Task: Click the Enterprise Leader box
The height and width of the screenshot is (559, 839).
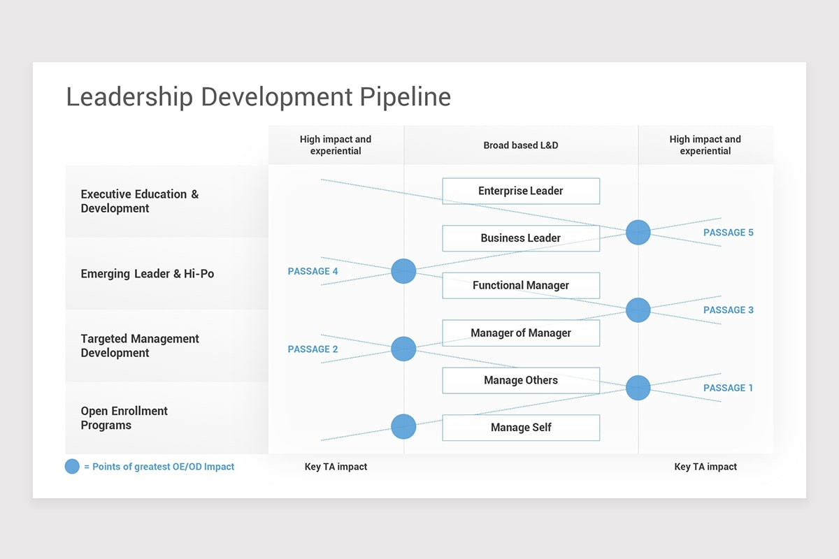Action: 521,191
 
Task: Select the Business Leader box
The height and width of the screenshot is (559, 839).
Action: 521,238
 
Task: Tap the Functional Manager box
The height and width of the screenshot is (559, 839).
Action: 521,286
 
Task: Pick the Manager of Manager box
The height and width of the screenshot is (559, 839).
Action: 521,333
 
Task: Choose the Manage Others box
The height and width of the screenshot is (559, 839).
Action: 521,381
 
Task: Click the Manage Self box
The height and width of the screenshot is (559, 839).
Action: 521,428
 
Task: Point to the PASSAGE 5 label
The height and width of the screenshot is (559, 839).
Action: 728,233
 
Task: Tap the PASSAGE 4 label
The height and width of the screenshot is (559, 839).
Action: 313,271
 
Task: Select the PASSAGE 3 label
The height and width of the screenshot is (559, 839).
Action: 728,310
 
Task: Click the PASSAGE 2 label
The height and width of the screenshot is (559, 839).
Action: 313,349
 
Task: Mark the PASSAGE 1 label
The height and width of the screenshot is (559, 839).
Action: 728,388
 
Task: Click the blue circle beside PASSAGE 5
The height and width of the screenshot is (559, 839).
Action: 638,232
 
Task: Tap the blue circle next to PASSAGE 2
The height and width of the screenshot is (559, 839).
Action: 403,349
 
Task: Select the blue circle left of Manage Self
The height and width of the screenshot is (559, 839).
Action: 403,426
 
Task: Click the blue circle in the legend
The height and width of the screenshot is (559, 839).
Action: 72,467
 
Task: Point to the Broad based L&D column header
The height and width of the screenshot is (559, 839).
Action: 521,145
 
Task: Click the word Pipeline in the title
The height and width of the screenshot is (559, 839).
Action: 406,97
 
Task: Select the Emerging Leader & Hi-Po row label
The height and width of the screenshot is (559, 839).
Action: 148,274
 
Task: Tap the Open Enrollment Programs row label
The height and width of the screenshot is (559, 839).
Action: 124,418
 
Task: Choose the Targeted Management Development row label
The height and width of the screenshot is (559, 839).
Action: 140,346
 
